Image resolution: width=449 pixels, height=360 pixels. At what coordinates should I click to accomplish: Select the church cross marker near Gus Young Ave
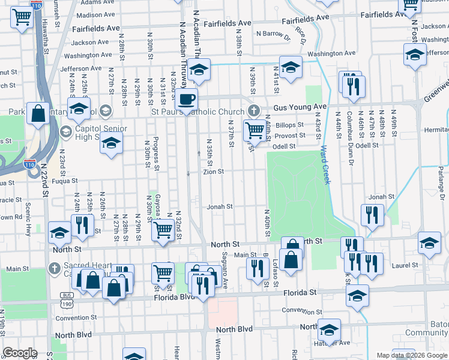[254, 111]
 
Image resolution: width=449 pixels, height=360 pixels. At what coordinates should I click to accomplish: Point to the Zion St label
[213, 172]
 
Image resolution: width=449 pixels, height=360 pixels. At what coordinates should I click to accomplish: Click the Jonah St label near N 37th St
[220, 207]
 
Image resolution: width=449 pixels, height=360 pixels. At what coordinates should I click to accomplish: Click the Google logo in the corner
[20, 353]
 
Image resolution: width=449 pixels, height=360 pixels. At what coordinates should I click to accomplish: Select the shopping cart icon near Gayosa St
[163, 230]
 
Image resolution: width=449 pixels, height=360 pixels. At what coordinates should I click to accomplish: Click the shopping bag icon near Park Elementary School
[37, 114]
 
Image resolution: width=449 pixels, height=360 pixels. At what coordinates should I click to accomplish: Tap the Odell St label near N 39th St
[284, 146]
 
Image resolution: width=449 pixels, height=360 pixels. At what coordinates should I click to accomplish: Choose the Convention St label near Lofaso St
[303, 311]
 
